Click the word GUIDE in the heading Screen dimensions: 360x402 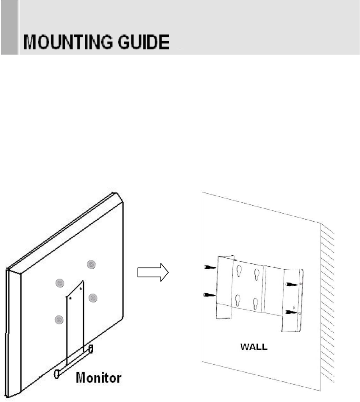[x=143, y=44]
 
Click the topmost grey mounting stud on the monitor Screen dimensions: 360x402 [x=91, y=265]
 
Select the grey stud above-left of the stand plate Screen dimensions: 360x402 [x=60, y=283]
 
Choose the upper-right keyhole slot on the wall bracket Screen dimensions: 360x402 [x=256, y=274]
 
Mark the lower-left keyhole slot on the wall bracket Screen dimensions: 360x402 [x=238, y=300]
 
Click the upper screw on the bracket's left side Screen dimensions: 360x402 [x=210, y=267]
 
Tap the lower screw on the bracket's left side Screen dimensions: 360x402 [x=210, y=294]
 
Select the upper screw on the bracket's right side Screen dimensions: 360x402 [x=292, y=284]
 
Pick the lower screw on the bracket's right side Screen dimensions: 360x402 [x=292, y=312]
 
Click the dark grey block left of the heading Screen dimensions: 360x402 [x=9, y=27]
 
